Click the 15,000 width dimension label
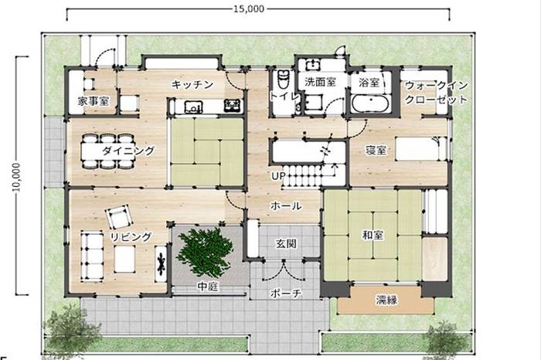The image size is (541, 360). [249, 8]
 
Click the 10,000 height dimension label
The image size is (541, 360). [16, 177]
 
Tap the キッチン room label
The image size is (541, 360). [192, 84]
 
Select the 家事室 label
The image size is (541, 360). [94, 101]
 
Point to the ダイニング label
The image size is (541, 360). [128, 151]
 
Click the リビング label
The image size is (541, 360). [131, 236]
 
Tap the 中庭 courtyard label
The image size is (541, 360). [208, 287]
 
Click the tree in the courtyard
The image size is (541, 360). [204, 251]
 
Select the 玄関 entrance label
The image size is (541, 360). [287, 243]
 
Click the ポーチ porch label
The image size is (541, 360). [286, 293]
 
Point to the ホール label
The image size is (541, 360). [286, 205]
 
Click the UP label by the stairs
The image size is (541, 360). [278, 176]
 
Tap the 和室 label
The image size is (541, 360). [373, 235]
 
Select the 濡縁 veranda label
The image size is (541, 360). [386, 300]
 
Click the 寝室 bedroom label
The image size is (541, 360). [376, 151]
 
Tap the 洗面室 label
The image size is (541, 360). [320, 82]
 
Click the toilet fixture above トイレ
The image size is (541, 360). [284, 80]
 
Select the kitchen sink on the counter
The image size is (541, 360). [193, 106]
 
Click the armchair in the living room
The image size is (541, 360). [119, 216]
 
